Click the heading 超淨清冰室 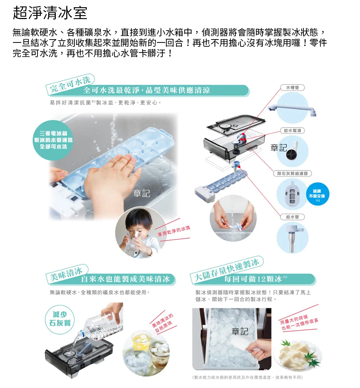(50, 13)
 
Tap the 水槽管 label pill (292, 88)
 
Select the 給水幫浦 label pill (292, 131)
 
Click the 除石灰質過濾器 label (292, 173)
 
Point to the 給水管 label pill (292, 217)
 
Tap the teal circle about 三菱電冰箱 (54, 140)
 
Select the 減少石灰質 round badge (60, 319)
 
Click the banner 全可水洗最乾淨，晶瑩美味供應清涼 (147, 90)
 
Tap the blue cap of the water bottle (80, 334)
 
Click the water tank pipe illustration (292, 108)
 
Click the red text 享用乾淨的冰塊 (174, 230)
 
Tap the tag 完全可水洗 (70, 84)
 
